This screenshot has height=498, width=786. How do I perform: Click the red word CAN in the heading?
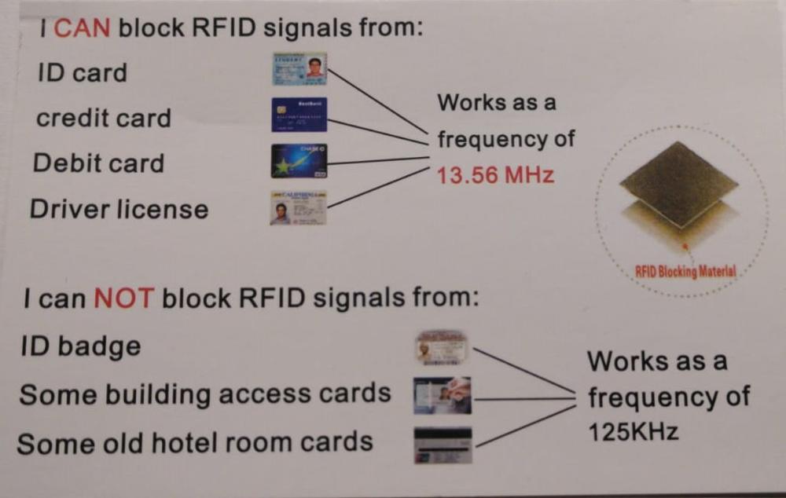point(87,30)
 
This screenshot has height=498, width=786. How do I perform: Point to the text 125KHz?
point(633,432)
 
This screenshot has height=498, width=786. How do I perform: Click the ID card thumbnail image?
point(299,68)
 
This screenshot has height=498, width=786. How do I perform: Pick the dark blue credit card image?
point(299,115)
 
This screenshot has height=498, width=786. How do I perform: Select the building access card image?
point(443,395)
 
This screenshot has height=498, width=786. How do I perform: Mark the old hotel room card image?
point(443,445)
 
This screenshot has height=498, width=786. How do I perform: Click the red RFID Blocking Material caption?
point(685,272)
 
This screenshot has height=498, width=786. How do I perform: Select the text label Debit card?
point(99,164)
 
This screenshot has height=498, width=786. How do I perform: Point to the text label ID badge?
point(81,346)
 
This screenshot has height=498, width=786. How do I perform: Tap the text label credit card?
point(103,119)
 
